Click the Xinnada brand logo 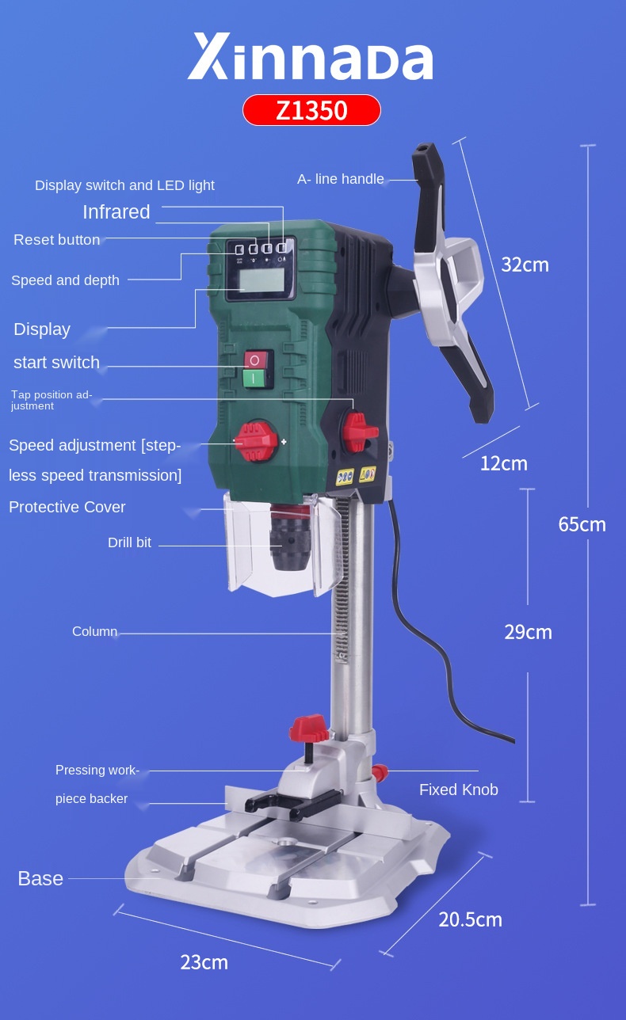point(311,58)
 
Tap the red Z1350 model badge point(311,110)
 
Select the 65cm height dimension point(582,523)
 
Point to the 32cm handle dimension point(525,265)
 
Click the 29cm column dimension point(528,632)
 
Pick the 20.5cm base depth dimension point(470,919)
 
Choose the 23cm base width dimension point(204,962)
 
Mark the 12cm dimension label point(503,463)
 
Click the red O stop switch point(255,360)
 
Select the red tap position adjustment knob point(359,431)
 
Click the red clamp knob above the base point(310,727)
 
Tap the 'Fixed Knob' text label point(459,790)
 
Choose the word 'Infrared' point(116,212)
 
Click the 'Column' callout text point(94,632)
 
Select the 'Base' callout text point(40,878)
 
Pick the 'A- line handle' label point(341,179)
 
